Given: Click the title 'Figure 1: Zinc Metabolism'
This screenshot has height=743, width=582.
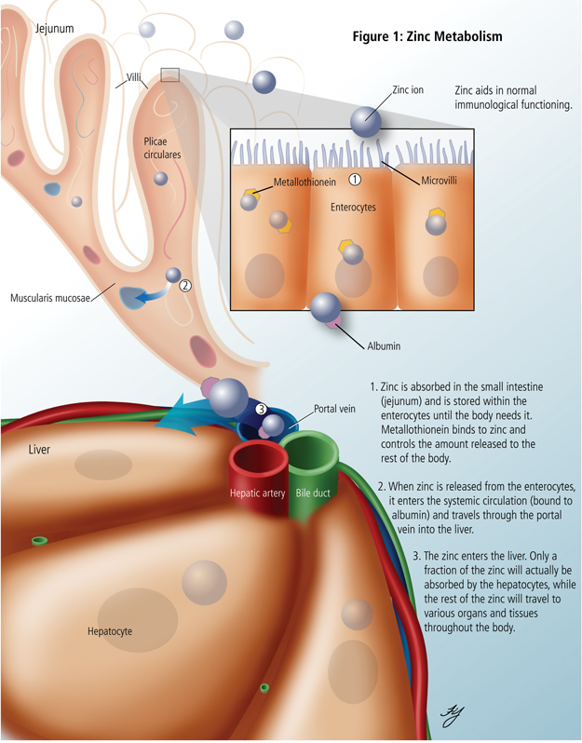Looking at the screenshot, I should point(427,37).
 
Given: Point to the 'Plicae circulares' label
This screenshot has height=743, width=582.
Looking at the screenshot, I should point(163,148).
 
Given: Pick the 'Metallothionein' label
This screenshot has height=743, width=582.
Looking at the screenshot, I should point(305,182).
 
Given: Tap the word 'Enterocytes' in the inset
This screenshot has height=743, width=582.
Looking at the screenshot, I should point(353,208).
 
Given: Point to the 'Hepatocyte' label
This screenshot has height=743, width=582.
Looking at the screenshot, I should point(103,631).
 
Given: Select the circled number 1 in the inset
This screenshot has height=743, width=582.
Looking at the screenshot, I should point(354,178).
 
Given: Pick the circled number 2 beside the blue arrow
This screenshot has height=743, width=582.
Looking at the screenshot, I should point(185,286).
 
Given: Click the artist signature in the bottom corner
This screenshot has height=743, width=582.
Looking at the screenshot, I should point(452,713).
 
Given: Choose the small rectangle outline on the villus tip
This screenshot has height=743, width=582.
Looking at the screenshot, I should point(169,74).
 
